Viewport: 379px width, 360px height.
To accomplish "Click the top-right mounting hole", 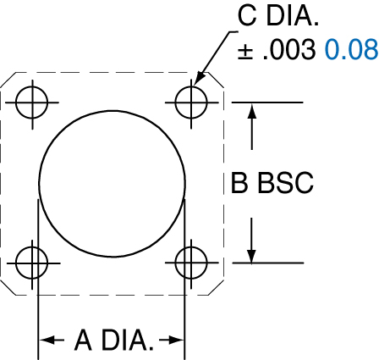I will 192,102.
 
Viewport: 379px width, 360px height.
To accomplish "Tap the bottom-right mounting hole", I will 192,262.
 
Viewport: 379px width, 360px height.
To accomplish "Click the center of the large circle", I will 112,182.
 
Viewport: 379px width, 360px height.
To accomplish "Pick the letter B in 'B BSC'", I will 239,183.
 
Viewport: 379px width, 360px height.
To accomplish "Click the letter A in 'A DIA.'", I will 84,341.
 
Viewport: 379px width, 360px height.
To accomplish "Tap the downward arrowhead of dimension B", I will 251,254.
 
